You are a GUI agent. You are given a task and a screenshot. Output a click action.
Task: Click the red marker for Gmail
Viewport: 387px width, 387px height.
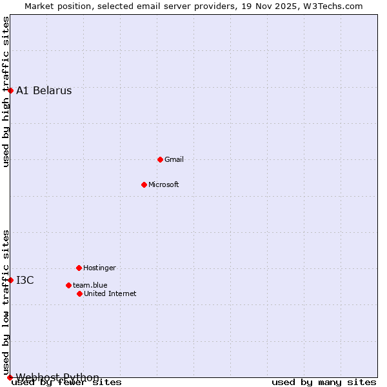point(160,159)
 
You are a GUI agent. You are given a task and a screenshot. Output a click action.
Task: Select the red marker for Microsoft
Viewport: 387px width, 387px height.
point(144,184)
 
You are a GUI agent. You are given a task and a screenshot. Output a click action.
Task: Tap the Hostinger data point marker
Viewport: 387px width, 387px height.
point(79,268)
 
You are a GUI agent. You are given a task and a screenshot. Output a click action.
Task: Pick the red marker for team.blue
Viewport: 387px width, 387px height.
point(68,285)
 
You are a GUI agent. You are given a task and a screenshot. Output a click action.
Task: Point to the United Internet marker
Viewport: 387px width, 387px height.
point(79,293)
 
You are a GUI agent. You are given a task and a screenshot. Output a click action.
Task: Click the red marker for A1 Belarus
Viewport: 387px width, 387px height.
point(10,90)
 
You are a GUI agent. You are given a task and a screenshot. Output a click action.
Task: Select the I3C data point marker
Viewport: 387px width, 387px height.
point(10,280)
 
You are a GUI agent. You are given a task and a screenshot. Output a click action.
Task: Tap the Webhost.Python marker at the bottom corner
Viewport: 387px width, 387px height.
point(10,377)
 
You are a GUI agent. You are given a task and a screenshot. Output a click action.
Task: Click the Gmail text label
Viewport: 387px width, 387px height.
point(174,159)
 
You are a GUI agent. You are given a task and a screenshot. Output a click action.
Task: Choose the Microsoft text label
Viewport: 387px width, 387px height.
point(163,184)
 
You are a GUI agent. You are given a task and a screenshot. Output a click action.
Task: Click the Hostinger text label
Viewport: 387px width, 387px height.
point(99,268)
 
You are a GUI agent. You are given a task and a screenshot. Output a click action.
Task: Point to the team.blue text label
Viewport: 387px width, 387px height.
point(90,285)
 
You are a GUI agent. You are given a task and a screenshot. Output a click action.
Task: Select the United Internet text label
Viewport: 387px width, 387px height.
point(110,293)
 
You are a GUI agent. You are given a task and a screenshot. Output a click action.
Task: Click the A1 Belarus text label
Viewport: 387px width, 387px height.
point(44,90)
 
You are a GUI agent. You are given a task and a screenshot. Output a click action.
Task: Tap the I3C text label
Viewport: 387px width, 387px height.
point(25,280)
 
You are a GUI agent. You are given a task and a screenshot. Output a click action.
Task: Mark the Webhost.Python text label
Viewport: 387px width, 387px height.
point(57,377)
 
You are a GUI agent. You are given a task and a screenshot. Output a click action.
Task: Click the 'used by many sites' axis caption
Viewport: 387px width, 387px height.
point(323,382)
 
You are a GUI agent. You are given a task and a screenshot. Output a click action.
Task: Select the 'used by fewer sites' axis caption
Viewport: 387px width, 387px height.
point(66,382)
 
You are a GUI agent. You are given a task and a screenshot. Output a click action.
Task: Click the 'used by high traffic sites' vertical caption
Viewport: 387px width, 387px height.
point(6,92)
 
